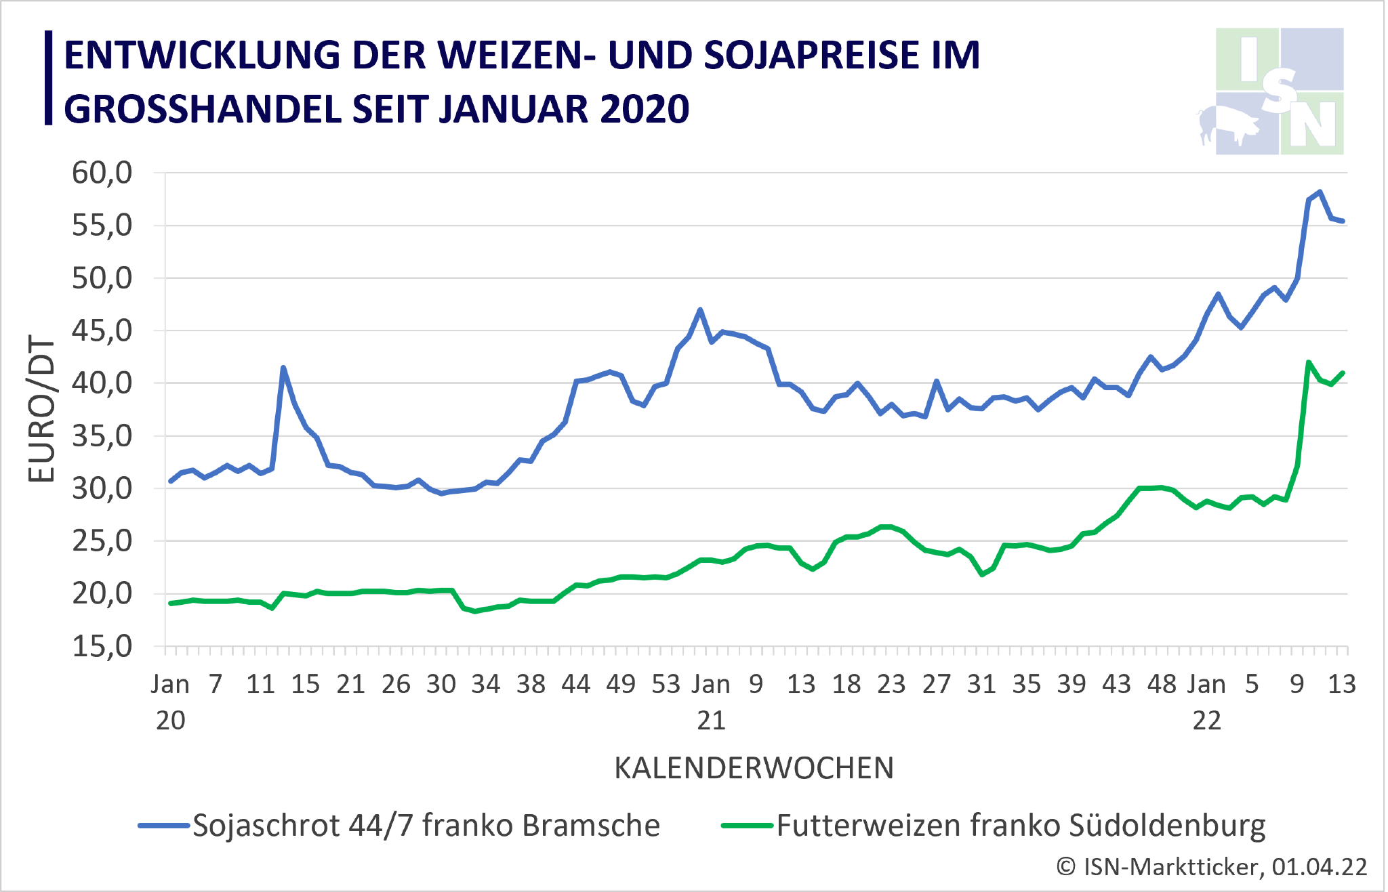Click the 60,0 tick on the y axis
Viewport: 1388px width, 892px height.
(102, 173)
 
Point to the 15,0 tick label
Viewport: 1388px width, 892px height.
(102, 647)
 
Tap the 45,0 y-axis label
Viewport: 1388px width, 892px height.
(102, 331)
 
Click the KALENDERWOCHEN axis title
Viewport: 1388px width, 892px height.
(754, 768)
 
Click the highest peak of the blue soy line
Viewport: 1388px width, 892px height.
(1320, 192)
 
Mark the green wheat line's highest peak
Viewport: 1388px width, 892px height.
(1308, 362)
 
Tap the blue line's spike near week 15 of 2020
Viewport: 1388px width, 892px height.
(283, 368)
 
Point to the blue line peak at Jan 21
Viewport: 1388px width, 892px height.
(700, 310)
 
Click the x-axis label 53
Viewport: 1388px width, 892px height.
(666, 685)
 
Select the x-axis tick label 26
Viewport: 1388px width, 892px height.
(396, 685)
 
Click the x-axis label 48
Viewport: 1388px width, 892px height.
(1162, 685)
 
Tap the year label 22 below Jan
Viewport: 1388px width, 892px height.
(1207, 721)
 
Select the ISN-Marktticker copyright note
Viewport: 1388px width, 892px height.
(1212, 867)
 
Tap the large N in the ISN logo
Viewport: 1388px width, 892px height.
(1312, 126)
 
